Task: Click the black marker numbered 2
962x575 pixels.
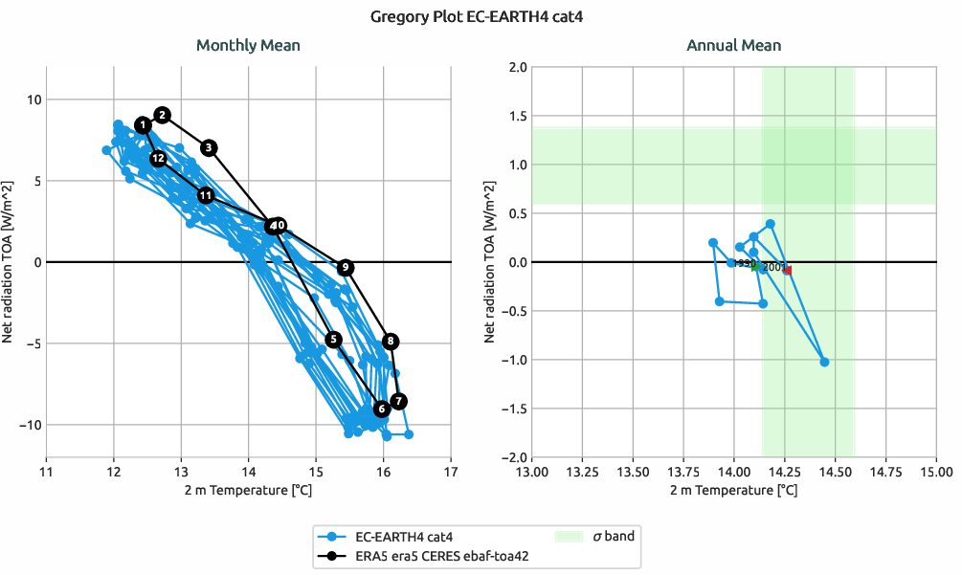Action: click(162, 115)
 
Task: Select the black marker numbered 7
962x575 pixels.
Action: click(399, 401)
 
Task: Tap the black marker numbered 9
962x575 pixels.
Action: click(346, 267)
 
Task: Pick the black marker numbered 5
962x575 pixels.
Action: click(333, 340)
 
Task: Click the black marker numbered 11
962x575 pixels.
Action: click(206, 195)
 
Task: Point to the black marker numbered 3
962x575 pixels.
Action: click(210, 147)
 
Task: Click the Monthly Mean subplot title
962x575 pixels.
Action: click(248, 45)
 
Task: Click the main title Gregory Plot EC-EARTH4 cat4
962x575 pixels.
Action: click(481, 16)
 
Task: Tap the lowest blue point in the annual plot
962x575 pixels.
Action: click(824, 362)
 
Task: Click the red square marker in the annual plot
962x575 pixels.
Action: click(788, 271)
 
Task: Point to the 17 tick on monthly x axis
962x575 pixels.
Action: click(451, 472)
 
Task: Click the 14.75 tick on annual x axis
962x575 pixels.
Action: click(885, 472)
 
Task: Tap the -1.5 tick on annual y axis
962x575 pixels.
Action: click(515, 409)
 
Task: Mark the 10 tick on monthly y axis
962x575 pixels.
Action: click(32, 100)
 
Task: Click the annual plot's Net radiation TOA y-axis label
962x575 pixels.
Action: click(490, 262)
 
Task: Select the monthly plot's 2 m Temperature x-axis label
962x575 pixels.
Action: click(248, 490)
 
